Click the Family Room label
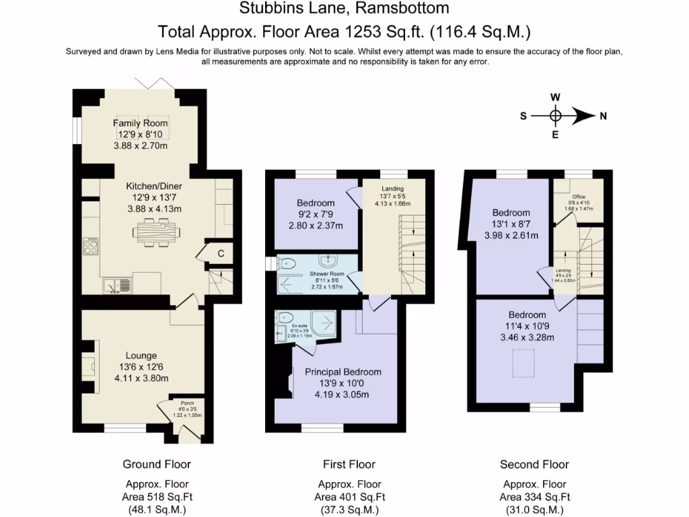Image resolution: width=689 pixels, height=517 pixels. (140, 123)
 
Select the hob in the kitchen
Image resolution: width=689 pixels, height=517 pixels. (89, 246)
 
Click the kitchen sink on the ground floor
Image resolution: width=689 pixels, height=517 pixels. (118, 285)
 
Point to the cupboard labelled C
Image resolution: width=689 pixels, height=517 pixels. (221, 252)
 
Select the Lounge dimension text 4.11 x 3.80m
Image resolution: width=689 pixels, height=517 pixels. (141, 378)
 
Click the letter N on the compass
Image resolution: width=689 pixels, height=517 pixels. (604, 116)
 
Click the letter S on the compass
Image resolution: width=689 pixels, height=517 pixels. (523, 116)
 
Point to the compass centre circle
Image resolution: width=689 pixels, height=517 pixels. (555, 116)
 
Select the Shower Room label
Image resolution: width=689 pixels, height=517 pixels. (327, 275)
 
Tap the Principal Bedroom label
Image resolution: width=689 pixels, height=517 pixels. (342, 372)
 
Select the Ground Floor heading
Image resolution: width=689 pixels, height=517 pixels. (157, 464)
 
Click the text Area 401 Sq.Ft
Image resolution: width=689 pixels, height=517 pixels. (350, 497)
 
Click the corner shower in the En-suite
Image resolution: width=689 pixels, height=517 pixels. (324, 325)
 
